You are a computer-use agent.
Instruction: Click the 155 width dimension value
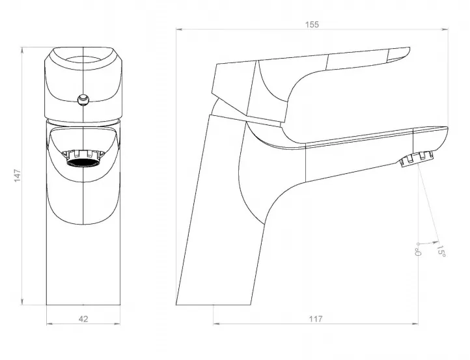pyautogui.click(x=312, y=24)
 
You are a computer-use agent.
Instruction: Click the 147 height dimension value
pyautogui.click(x=18, y=176)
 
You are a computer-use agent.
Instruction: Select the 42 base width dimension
pyautogui.click(x=83, y=319)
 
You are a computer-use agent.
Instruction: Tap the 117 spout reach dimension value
pyautogui.click(x=316, y=319)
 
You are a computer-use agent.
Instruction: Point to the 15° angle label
pyautogui.click(x=441, y=251)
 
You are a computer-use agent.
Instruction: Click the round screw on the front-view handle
pyautogui.click(x=83, y=99)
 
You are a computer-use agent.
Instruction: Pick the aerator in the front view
pyautogui.click(x=83, y=158)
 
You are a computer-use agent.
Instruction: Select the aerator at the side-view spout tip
pyautogui.click(x=417, y=158)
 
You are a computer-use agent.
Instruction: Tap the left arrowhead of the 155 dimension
pyautogui.click(x=179, y=29)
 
